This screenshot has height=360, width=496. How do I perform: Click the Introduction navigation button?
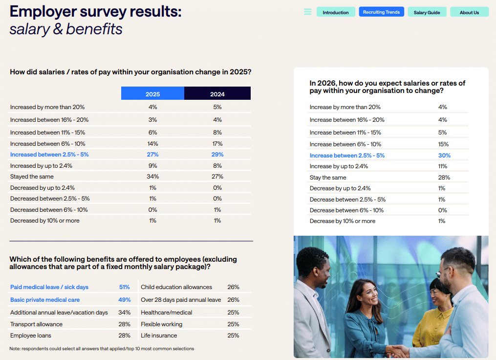pyautogui.click(x=335, y=12)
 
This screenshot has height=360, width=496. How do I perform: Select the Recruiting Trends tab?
pyautogui.click(x=381, y=12)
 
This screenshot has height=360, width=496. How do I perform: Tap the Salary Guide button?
pyautogui.click(x=427, y=12)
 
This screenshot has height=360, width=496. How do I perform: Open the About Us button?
pyautogui.click(x=469, y=12)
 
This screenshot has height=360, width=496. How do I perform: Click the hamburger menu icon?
pyautogui.click(x=307, y=12)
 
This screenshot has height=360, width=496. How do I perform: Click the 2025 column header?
pyautogui.click(x=152, y=94)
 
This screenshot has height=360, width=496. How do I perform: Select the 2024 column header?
pyautogui.click(x=217, y=94)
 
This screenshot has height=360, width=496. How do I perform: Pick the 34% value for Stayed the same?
pyautogui.click(x=152, y=177)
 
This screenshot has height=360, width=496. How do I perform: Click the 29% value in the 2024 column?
pyautogui.click(x=217, y=155)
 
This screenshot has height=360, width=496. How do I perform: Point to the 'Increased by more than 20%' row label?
pyautogui.click(x=47, y=107)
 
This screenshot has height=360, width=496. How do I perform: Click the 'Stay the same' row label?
pyautogui.click(x=328, y=178)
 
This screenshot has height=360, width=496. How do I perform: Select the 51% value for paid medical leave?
pyautogui.click(x=124, y=287)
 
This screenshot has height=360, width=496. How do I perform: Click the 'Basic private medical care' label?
pyautogui.click(x=45, y=300)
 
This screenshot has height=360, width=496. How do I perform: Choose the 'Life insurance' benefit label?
pyautogui.click(x=159, y=336)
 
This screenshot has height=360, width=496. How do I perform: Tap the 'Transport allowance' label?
pyautogui.click(x=36, y=324)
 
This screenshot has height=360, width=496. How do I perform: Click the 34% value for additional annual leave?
pyautogui.click(x=124, y=313)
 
